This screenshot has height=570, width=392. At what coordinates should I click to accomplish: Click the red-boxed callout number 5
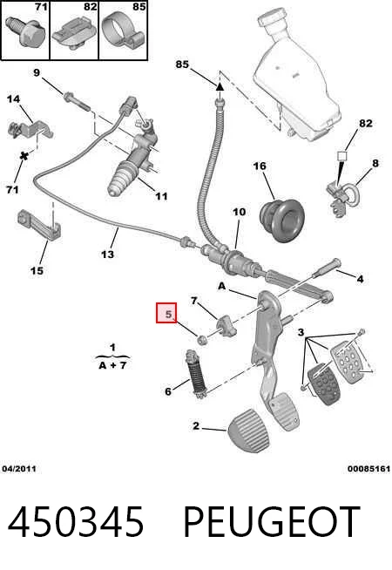point(168,314)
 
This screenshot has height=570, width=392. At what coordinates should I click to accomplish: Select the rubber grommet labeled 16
point(282,221)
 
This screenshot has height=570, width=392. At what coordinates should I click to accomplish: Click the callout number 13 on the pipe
point(107,254)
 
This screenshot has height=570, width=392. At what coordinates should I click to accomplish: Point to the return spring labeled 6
point(197,374)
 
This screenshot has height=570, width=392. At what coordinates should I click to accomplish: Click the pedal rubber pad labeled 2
point(249,431)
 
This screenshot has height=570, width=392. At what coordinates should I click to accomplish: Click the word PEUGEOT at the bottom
point(272,522)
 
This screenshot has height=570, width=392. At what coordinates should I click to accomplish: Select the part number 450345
point(75,522)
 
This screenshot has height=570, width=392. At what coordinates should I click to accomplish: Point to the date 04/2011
point(19,469)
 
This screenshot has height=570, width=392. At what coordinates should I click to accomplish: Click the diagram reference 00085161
point(368,469)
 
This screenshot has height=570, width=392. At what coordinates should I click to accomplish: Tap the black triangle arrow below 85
point(220,87)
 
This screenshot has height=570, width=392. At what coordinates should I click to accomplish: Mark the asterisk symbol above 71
point(24,157)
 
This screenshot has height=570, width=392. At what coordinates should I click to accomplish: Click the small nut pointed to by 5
point(202,340)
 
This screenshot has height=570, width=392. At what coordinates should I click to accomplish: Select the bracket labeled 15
point(39,224)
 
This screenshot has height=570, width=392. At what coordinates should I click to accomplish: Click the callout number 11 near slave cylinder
point(161,196)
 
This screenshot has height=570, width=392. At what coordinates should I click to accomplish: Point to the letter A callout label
point(221,287)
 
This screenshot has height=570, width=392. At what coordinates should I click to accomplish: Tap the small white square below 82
point(342,156)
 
